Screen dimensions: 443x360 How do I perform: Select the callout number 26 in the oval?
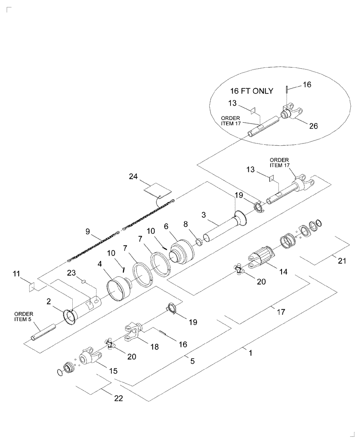[314, 126]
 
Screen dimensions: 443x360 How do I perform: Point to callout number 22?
[118, 398]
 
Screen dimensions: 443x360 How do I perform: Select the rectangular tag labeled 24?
[157, 191]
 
